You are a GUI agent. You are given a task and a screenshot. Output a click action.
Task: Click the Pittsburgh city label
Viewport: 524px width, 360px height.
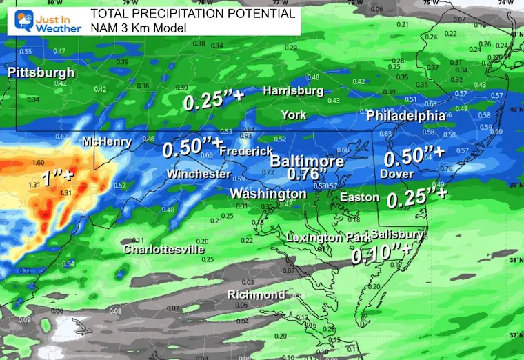click(41, 72)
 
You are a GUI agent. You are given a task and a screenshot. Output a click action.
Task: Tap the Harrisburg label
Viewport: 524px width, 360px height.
click(293, 90)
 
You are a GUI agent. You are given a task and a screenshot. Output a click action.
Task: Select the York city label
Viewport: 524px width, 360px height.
click(294, 114)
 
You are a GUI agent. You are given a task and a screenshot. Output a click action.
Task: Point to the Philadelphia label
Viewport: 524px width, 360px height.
click(405, 115)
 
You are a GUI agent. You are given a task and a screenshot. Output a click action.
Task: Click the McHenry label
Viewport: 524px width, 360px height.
click(107, 142)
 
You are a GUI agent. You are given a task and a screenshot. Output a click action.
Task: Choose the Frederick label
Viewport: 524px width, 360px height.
click(245, 150)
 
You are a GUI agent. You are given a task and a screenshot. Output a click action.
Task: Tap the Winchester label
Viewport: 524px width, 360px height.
click(199, 174)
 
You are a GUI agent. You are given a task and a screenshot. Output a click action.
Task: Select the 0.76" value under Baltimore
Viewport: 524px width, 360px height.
click(306, 173)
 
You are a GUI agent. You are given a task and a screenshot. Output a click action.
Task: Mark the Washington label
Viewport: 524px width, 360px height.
click(268, 193)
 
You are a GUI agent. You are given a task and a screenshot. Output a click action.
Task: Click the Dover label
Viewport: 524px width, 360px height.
click(397, 174)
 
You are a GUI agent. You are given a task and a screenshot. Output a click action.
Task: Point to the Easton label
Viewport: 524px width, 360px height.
click(360, 197)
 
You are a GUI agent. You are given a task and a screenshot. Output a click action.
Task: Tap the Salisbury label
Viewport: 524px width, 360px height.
click(396, 234)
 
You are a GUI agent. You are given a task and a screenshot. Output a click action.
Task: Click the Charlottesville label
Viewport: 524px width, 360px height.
click(164, 249)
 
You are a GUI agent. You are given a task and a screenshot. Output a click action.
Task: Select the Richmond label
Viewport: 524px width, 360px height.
click(256, 294)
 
